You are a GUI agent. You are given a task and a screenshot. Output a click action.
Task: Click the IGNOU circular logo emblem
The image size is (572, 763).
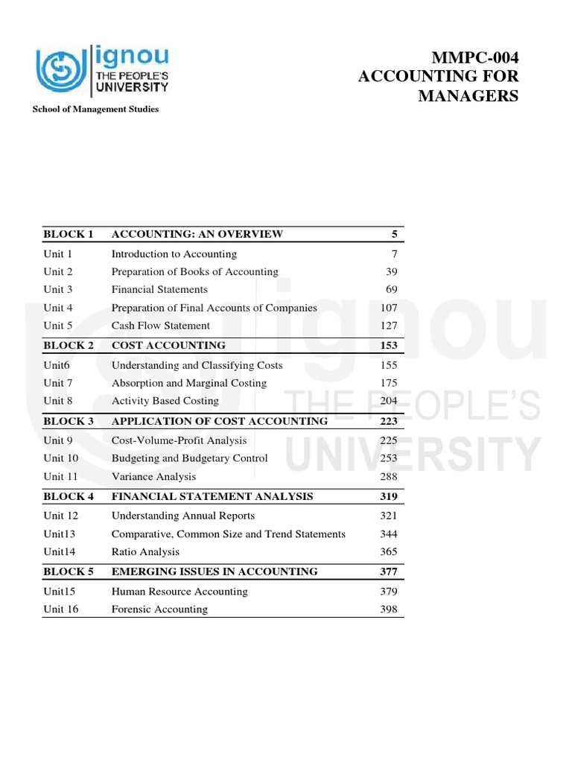pyautogui.click(x=62, y=71)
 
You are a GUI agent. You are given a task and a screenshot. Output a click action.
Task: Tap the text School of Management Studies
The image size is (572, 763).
pyautogui.click(x=95, y=110)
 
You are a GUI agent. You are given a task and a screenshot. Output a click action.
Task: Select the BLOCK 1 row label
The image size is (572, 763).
pyautogui.click(x=69, y=234)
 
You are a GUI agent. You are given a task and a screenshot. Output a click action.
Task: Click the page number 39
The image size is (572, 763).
pyautogui.click(x=391, y=272)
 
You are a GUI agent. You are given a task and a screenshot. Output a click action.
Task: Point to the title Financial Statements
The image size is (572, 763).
pyautogui.click(x=159, y=290)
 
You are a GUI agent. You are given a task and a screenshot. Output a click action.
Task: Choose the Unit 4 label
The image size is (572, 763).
pyautogui.click(x=58, y=308)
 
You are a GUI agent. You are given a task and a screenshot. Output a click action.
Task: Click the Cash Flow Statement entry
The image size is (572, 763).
pyautogui.click(x=161, y=326)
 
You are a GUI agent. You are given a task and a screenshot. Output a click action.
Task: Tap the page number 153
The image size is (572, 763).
pyautogui.click(x=388, y=346)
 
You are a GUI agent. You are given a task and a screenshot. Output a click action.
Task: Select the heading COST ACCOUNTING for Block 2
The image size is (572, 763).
pyautogui.click(x=168, y=346)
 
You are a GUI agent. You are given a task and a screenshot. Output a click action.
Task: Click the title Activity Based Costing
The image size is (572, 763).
pyautogui.click(x=165, y=401)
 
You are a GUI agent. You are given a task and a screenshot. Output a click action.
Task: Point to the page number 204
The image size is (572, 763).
pyautogui.click(x=388, y=401)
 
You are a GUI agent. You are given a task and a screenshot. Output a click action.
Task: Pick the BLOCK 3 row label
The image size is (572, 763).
pyautogui.click(x=69, y=421)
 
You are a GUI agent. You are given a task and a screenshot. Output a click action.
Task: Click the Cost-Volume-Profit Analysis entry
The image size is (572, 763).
pyautogui.click(x=179, y=440)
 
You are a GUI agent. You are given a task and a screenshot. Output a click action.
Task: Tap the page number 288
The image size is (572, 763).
pyautogui.click(x=388, y=477)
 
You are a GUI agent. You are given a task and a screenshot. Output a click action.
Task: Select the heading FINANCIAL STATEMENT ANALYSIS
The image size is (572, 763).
pyautogui.click(x=212, y=496)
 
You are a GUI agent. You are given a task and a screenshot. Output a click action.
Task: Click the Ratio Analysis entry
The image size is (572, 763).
pyautogui.click(x=145, y=552)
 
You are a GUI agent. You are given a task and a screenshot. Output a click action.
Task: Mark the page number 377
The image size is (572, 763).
pyautogui.click(x=388, y=572)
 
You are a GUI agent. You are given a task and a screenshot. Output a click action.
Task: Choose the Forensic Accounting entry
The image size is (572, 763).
pyautogui.click(x=159, y=610)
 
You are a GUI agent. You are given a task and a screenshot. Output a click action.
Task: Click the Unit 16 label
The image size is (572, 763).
pyautogui.click(x=61, y=610)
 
